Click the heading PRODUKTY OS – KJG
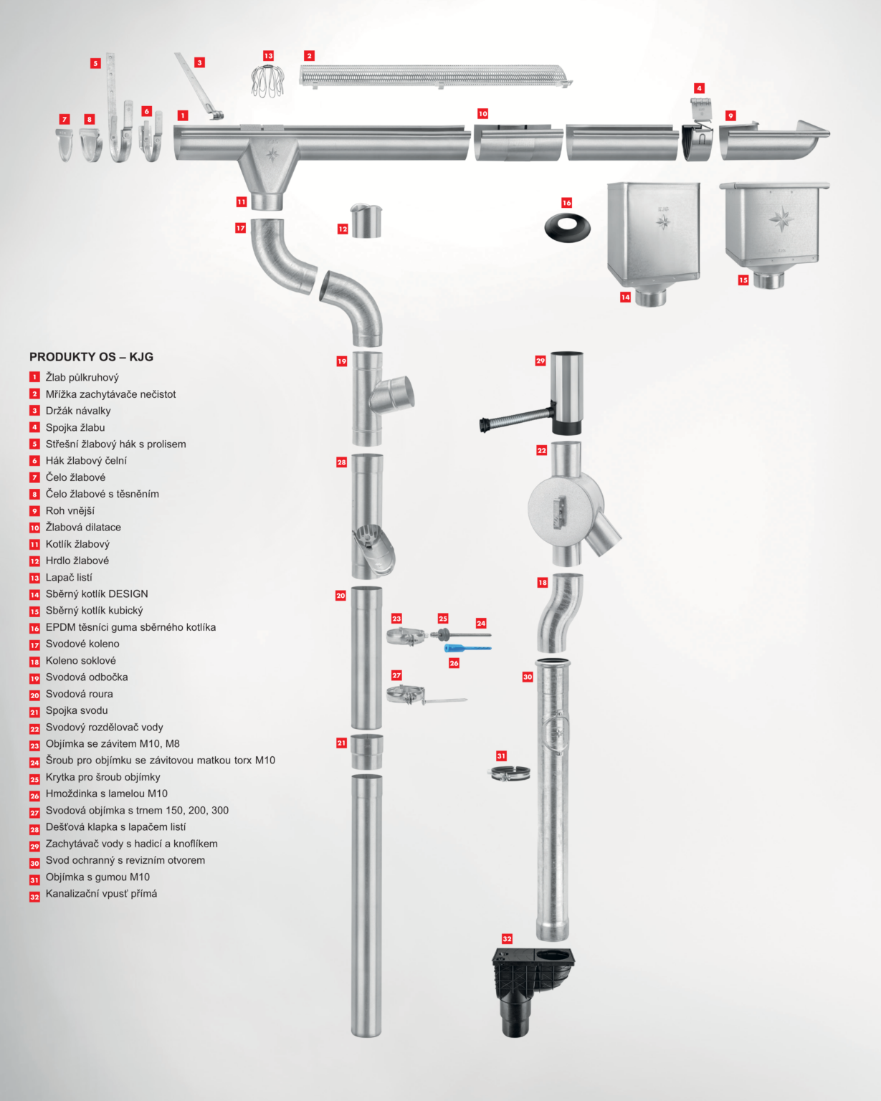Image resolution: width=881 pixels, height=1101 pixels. click(91, 357)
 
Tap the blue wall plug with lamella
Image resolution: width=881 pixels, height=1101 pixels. click(467, 648)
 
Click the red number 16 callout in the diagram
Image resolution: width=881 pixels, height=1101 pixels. click(566, 203)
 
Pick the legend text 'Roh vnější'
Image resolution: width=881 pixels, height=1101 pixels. click(70, 510)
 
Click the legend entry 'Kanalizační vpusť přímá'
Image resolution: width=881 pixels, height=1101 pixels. click(101, 893)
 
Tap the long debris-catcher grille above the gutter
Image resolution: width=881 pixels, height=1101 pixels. click(435, 76)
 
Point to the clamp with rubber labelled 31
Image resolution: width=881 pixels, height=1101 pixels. click(511, 773)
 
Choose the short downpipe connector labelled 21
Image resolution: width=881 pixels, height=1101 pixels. click(366, 751)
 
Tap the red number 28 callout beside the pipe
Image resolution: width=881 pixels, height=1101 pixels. click(341, 462)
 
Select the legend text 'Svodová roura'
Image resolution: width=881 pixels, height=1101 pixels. click(79, 694)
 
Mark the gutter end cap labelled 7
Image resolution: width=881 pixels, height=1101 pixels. click(65, 146)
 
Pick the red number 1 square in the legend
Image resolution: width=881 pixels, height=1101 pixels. click(34, 377)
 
